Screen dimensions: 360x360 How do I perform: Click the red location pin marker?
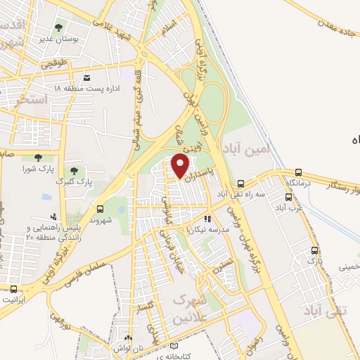point(180,166)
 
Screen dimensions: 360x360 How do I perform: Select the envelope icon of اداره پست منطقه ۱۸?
point(86,77)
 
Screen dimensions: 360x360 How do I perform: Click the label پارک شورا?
point(37,169)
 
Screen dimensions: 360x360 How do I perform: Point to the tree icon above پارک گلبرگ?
point(74,170)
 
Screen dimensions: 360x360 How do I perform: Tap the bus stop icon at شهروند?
point(100,209)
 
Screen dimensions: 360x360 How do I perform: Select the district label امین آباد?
point(245,148)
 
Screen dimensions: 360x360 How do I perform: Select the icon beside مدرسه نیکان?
point(207,218)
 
